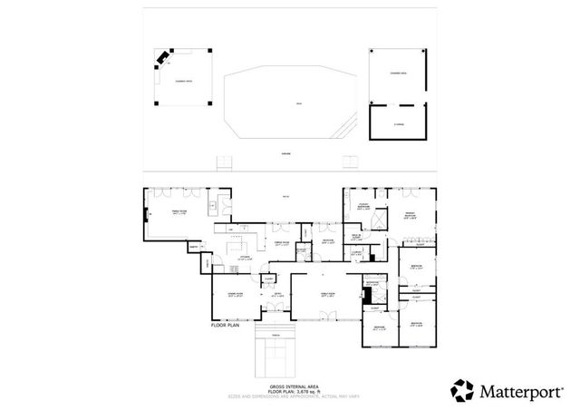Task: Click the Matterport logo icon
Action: click(464, 391)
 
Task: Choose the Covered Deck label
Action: click(397, 73)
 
